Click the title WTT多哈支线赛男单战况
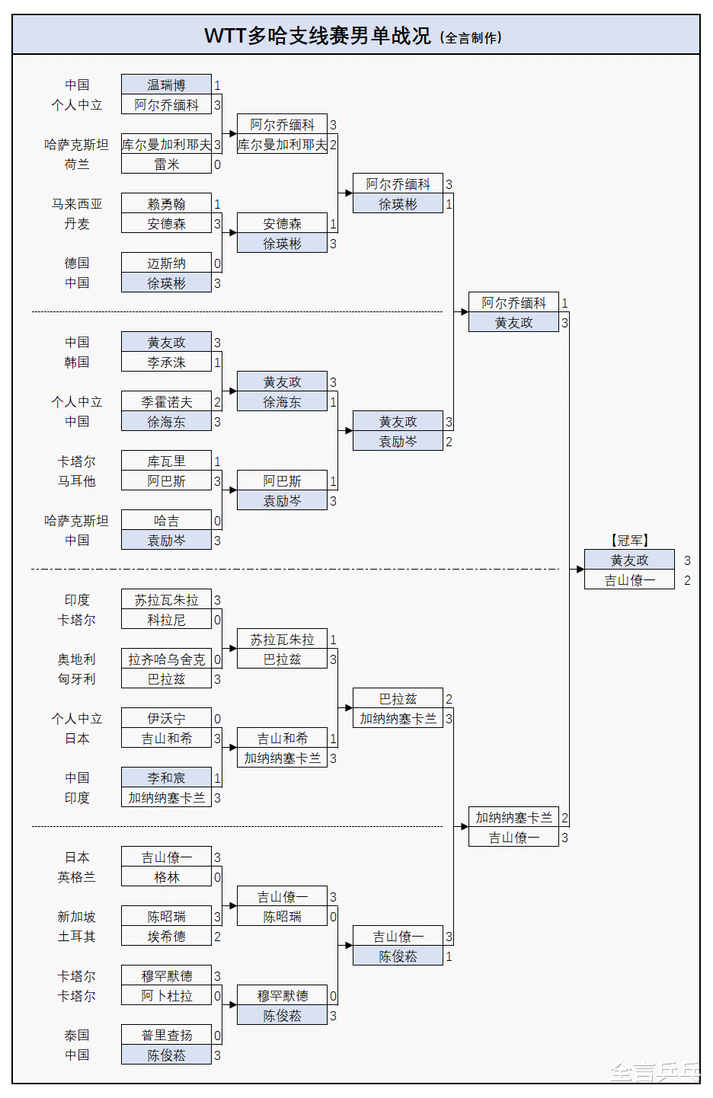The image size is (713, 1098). (x=317, y=36)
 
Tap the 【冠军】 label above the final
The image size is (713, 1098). (x=629, y=541)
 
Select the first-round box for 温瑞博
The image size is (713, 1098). (x=166, y=85)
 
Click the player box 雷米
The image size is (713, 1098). (x=166, y=164)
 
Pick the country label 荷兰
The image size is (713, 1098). (x=77, y=164)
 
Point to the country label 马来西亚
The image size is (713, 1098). (x=77, y=204)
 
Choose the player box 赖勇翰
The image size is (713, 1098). (x=166, y=204)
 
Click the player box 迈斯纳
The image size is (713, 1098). (x=166, y=263)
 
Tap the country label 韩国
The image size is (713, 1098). (x=77, y=362)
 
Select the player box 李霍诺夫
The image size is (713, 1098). (x=166, y=402)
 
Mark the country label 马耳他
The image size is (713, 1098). (x=77, y=481)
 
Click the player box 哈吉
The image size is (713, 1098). (x=166, y=521)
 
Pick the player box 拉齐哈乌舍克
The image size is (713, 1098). (x=166, y=659)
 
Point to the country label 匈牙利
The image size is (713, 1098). (x=77, y=679)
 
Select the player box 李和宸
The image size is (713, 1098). (x=166, y=778)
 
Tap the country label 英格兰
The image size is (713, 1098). (x=77, y=877)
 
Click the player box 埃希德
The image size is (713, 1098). (x=166, y=937)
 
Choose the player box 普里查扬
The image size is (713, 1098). (x=166, y=1036)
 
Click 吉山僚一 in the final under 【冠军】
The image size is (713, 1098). (x=629, y=580)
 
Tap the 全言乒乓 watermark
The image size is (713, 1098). (x=654, y=1072)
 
